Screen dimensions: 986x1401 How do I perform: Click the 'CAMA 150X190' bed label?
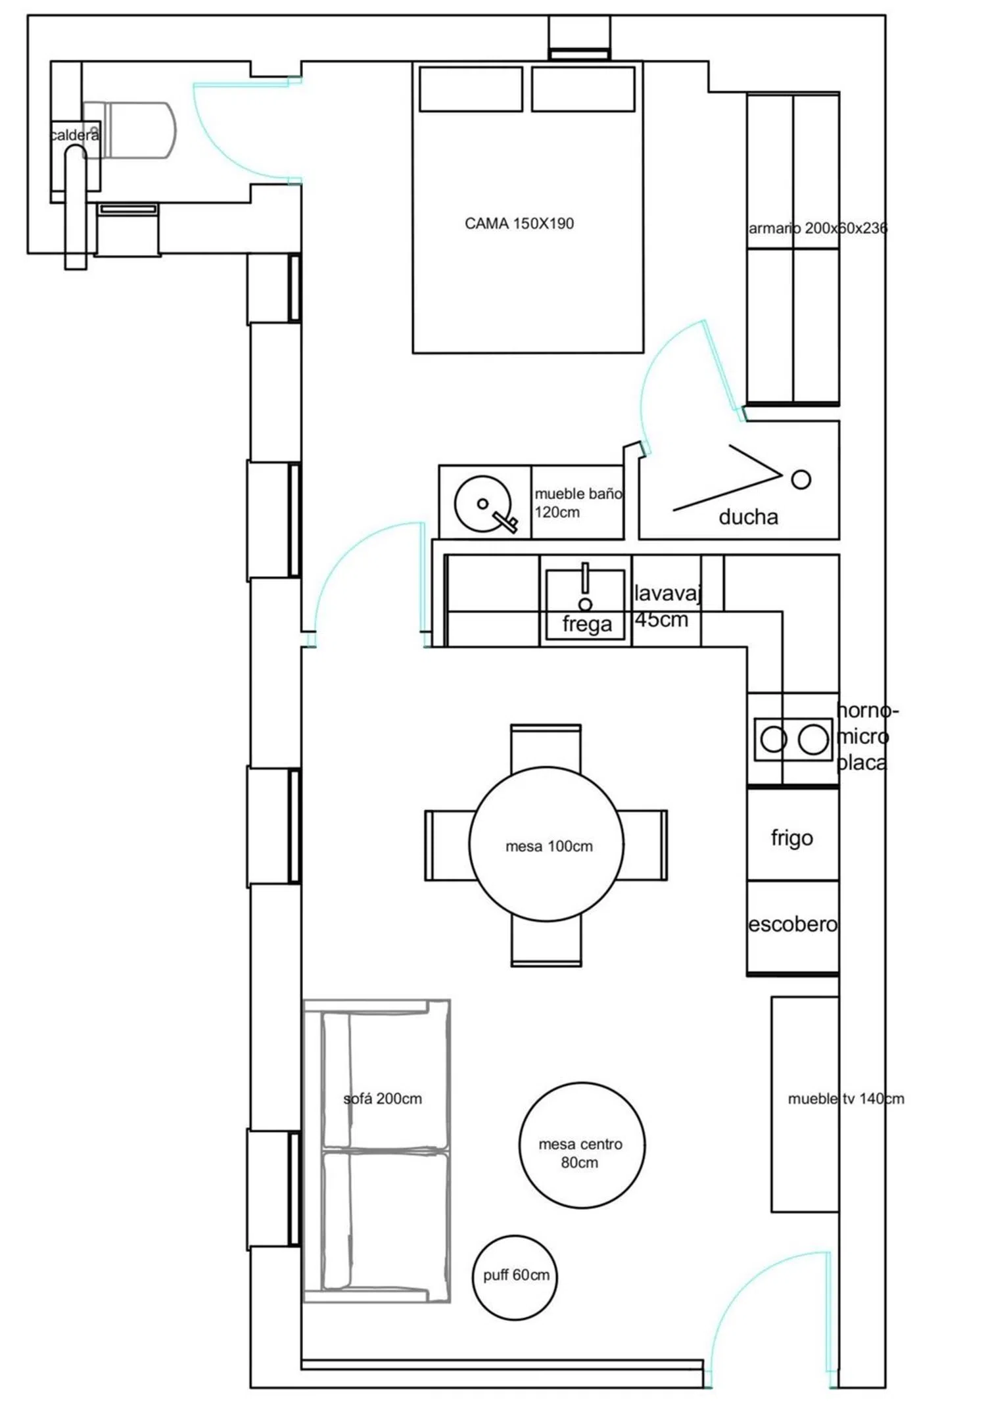[519, 224]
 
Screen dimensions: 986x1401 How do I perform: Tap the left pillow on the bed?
[471, 89]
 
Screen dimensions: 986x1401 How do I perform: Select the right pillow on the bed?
[583, 89]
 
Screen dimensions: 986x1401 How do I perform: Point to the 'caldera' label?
[75, 135]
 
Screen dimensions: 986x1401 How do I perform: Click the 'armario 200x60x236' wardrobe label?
[818, 228]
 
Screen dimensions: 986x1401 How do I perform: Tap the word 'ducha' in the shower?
[748, 517]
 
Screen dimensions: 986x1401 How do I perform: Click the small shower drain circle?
[801, 479]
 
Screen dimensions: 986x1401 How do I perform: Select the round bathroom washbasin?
[482, 504]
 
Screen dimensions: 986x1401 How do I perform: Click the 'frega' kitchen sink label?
[587, 624]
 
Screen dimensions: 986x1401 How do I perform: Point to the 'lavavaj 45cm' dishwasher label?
[667, 606]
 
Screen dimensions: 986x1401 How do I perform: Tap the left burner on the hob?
[774, 740]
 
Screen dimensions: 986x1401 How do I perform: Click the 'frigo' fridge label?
[792, 838]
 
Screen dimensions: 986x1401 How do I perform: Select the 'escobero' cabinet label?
[793, 924]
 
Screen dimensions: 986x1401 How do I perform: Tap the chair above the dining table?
[546, 747]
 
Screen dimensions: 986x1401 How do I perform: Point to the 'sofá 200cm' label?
[383, 1099]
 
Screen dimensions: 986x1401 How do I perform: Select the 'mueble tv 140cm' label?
[846, 1099]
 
